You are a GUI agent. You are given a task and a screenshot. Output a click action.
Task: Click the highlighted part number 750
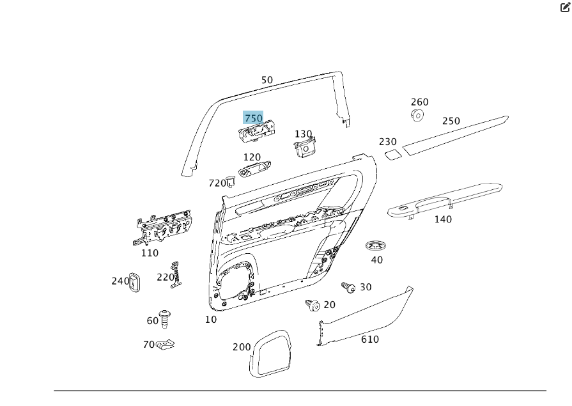click(x=253, y=118)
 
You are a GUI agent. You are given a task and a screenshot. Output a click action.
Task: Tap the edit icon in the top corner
click(x=565, y=7)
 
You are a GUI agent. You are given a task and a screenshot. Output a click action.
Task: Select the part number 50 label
click(x=267, y=81)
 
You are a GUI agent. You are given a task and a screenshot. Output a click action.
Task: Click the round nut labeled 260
click(x=417, y=116)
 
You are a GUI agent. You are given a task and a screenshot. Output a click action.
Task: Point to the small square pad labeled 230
click(x=392, y=153)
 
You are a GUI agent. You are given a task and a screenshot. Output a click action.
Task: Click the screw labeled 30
click(x=348, y=287)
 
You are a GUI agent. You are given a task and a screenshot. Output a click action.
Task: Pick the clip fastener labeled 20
click(x=313, y=305)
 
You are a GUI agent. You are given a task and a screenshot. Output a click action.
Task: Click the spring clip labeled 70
click(x=166, y=345)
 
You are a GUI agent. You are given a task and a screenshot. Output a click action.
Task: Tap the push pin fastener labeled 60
click(x=165, y=318)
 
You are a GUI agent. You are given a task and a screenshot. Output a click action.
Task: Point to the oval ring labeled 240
click(x=134, y=282)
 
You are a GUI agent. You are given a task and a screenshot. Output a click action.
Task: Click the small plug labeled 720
click(x=231, y=182)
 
